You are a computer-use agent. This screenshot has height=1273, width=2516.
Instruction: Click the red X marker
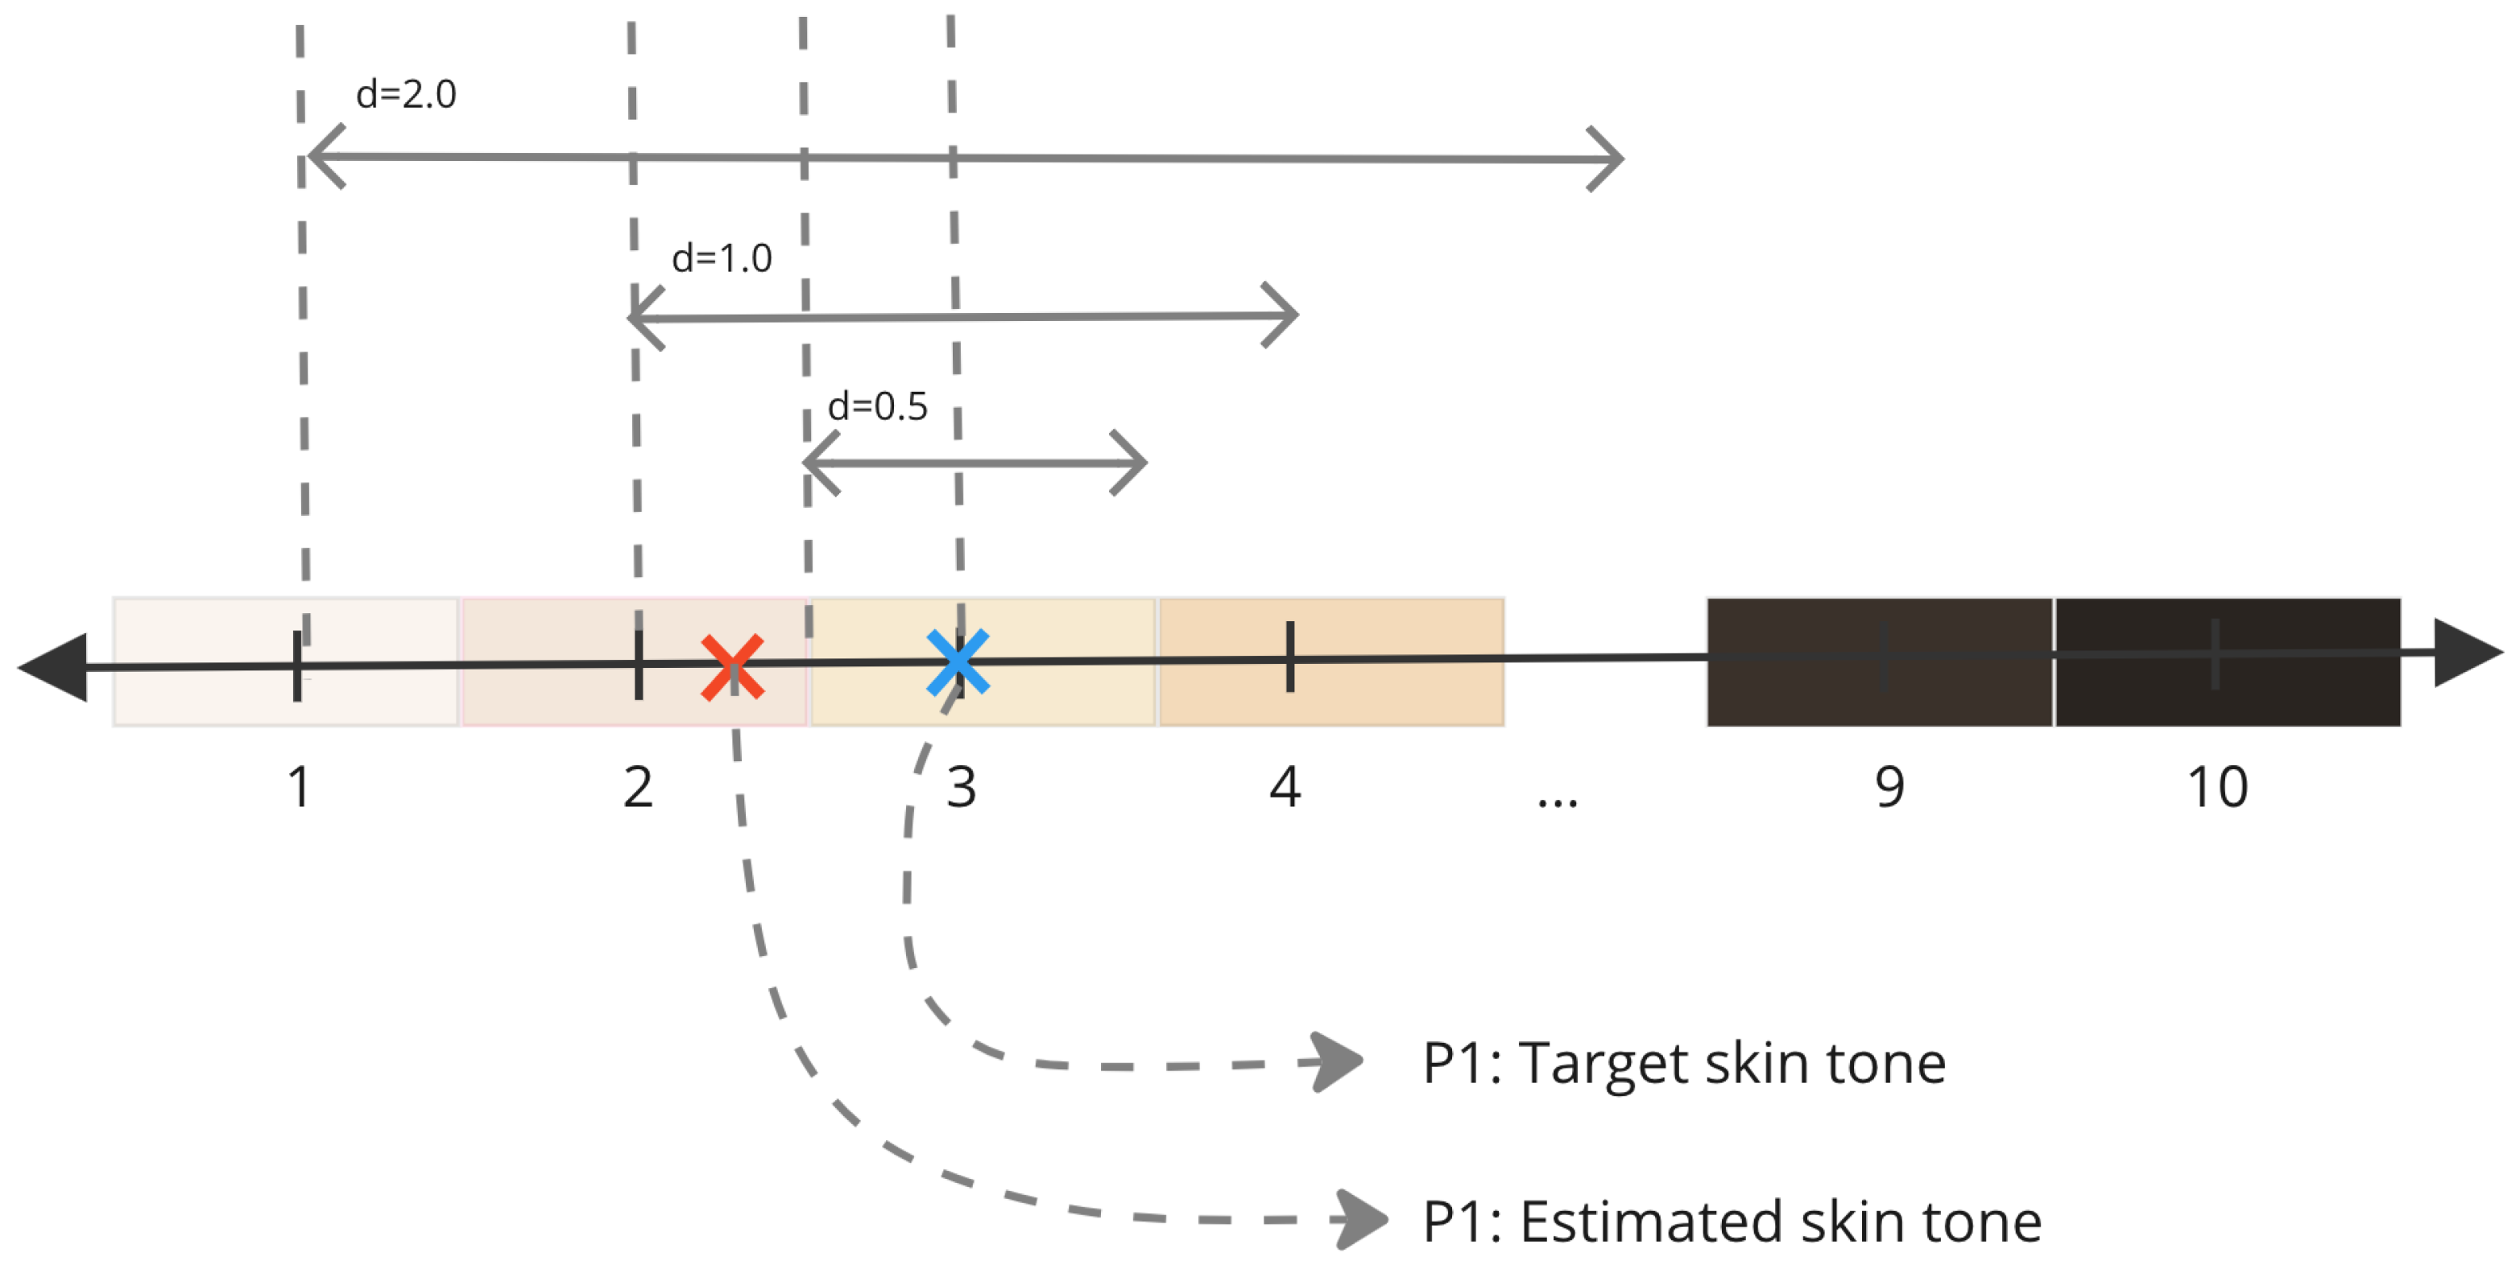pos(731,668)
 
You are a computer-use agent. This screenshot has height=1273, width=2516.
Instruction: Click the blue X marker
pos(957,663)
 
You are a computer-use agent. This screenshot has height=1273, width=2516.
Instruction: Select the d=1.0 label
pos(722,258)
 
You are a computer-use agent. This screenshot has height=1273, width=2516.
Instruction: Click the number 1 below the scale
pos(299,787)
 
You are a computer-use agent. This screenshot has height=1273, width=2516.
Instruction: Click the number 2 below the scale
pos(638,787)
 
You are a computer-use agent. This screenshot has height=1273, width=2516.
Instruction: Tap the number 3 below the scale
pos(961,787)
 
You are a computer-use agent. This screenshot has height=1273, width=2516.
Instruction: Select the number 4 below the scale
pos(1285,787)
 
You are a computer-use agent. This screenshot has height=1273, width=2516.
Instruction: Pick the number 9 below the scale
pos(1889,787)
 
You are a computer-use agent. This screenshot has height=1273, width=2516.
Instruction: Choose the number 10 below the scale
pos(2217,787)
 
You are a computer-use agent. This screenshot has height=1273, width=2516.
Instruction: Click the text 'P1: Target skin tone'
pos(1684,1062)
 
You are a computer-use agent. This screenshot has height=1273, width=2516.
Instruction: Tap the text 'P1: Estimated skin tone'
pos(1732,1222)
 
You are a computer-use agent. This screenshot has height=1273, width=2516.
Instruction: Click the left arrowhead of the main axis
pos(54,668)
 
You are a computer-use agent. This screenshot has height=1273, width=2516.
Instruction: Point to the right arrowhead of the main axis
pos(2466,652)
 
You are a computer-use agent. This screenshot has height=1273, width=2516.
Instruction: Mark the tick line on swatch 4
pos(1290,657)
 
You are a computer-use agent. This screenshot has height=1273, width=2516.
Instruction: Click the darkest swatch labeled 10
pos(2228,662)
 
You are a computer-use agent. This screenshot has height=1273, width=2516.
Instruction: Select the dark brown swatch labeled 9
pos(1879,662)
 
